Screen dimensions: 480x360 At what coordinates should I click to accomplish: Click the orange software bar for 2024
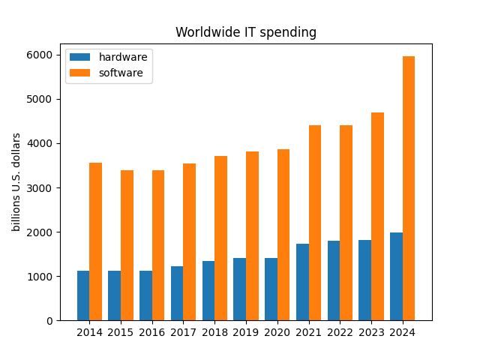(409, 188)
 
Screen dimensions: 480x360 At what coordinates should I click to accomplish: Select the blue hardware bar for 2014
(83, 295)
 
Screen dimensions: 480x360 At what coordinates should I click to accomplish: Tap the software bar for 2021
(315, 223)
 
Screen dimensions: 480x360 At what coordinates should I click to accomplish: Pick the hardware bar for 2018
(208, 291)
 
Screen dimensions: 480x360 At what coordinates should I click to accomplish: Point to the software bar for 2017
(190, 242)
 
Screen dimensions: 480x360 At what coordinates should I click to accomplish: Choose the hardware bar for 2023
(365, 280)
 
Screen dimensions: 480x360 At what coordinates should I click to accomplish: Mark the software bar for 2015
(127, 245)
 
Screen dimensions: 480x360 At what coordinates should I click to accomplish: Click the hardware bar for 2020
(271, 289)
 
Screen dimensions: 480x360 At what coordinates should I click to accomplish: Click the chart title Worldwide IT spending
(246, 32)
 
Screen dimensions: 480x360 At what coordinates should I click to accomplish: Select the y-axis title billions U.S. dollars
(16, 182)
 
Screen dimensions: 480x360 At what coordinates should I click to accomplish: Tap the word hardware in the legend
(123, 57)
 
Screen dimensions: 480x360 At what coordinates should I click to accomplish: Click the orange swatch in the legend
(80, 73)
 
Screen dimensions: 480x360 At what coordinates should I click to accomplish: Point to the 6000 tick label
(40, 55)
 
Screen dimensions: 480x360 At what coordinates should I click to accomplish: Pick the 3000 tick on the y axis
(40, 188)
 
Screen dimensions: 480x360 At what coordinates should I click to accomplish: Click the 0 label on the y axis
(49, 321)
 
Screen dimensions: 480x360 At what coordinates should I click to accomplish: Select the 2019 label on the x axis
(246, 332)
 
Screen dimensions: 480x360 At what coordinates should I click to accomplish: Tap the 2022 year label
(340, 332)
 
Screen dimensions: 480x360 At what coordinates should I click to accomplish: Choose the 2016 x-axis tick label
(151, 332)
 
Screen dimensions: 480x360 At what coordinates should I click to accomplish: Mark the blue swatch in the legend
(80, 57)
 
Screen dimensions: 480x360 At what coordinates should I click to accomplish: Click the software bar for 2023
(377, 217)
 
